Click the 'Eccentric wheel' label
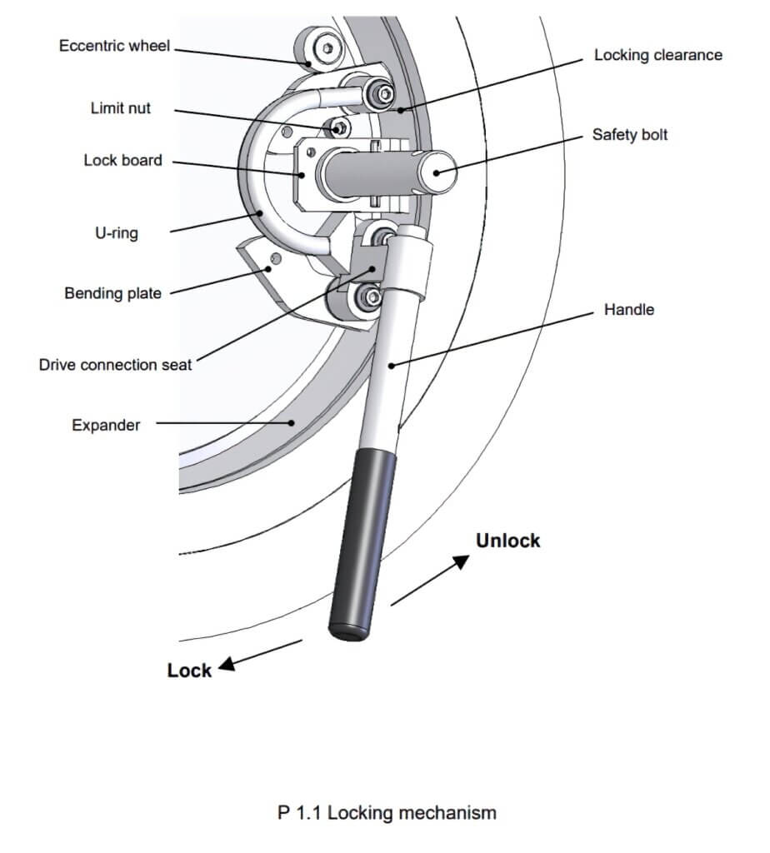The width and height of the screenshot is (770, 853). (114, 46)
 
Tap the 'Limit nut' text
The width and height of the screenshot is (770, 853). (121, 108)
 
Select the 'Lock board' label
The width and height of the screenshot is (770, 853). (122, 160)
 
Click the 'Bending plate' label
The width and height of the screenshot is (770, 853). (112, 293)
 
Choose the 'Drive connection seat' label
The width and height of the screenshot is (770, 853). (115, 365)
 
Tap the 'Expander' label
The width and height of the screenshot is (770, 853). (106, 425)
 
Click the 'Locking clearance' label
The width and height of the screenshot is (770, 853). (657, 56)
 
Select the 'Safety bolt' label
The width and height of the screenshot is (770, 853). (629, 134)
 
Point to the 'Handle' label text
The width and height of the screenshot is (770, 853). (628, 310)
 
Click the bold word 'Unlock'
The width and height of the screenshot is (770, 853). (507, 541)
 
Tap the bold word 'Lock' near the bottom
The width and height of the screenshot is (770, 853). (189, 671)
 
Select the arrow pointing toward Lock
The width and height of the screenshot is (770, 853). (261, 654)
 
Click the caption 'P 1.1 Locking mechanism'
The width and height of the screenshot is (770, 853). (387, 812)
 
